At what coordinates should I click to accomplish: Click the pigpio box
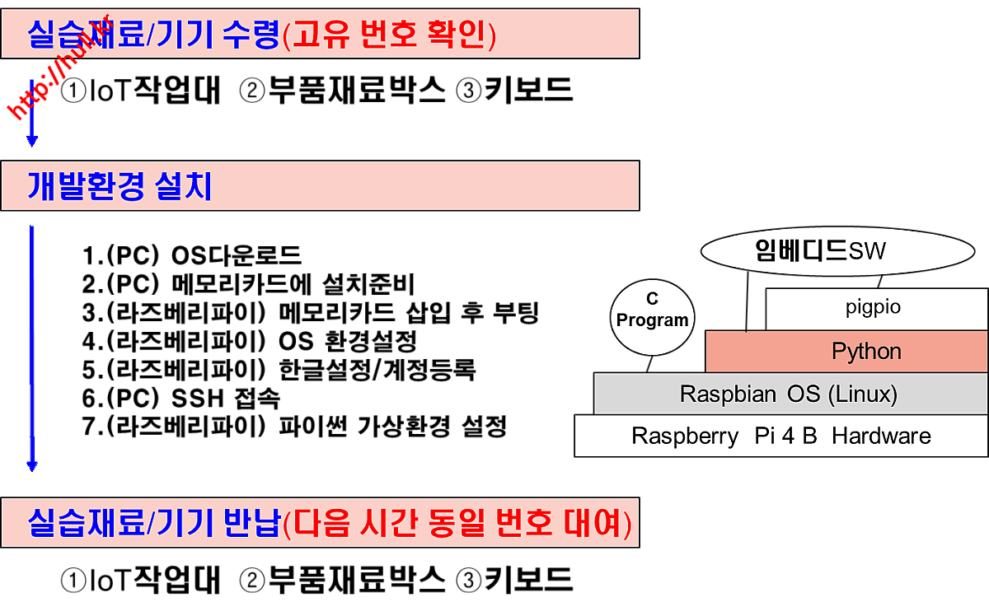pyautogui.click(x=876, y=309)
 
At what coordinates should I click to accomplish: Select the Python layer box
pyautogui.click(x=846, y=352)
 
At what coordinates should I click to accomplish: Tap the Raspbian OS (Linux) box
pyautogui.click(x=790, y=394)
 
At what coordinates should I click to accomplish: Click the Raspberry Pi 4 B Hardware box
pyautogui.click(x=780, y=436)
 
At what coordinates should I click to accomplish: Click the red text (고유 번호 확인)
pyautogui.click(x=389, y=35)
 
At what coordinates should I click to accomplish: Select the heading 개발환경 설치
pyautogui.click(x=120, y=187)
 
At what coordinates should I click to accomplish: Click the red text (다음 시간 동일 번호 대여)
pyautogui.click(x=457, y=523)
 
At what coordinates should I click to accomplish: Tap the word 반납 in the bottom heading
pyautogui.click(x=252, y=523)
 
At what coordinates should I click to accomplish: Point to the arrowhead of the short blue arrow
pyautogui.click(x=32, y=142)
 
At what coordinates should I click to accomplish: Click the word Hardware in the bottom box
pyautogui.click(x=881, y=436)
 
